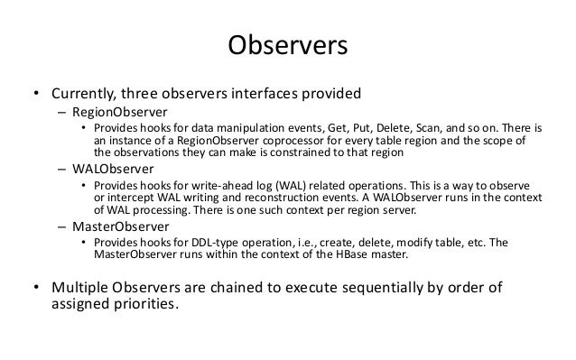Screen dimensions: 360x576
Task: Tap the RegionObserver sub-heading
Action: pyautogui.click(x=110, y=114)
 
